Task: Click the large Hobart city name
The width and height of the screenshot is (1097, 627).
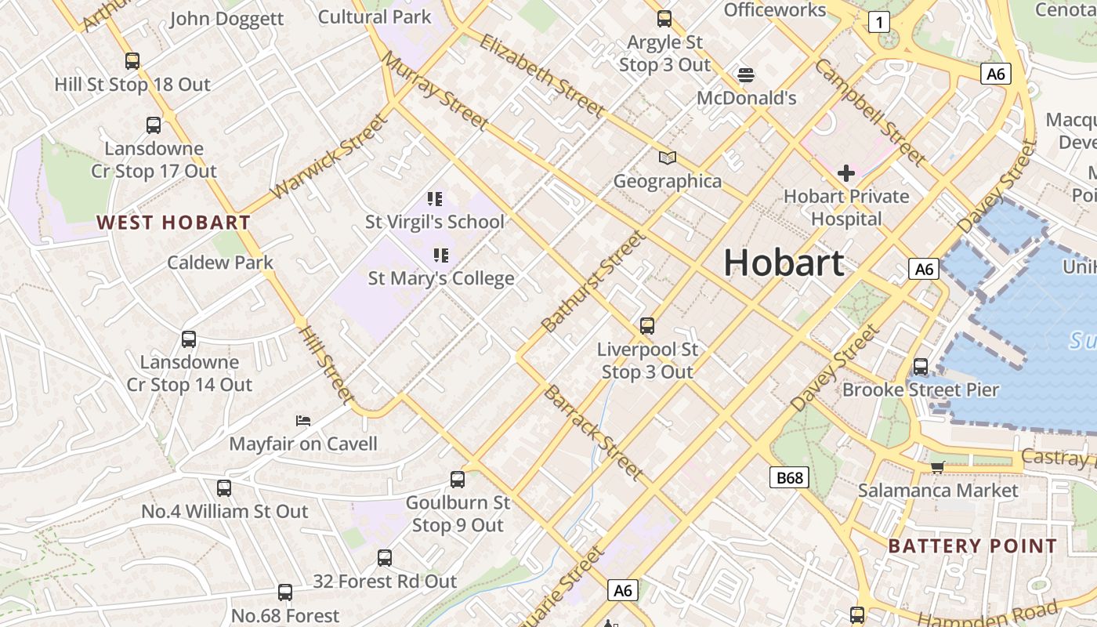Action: click(783, 262)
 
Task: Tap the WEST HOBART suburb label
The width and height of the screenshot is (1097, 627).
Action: click(173, 223)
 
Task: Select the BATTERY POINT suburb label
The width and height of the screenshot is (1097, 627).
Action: click(972, 546)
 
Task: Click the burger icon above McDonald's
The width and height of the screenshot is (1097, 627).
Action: click(746, 75)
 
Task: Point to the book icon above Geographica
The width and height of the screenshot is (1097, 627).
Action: click(667, 158)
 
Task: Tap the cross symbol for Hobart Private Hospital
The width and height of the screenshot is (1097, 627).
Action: click(846, 172)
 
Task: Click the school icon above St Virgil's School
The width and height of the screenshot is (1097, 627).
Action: click(435, 199)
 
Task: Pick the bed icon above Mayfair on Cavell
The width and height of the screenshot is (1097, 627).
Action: click(303, 421)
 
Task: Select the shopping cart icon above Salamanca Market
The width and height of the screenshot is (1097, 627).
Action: click(937, 468)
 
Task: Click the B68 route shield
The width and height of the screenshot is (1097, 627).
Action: click(788, 477)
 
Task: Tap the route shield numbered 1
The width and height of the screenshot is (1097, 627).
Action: click(879, 22)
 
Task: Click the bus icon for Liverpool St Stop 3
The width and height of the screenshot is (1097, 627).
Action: click(646, 326)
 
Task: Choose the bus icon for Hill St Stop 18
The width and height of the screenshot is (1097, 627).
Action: click(132, 61)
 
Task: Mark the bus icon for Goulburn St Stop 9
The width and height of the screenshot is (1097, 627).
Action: click(458, 479)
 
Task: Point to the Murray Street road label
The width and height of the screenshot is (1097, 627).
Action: click(436, 91)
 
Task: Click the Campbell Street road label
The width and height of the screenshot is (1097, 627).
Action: click(870, 112)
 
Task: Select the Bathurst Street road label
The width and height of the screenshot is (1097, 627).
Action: click(593, 281)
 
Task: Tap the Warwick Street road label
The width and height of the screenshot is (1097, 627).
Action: click(328, 157)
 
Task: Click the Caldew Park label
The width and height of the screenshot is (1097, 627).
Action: click(220, 263)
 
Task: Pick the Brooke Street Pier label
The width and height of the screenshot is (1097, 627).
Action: click(921, 390)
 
